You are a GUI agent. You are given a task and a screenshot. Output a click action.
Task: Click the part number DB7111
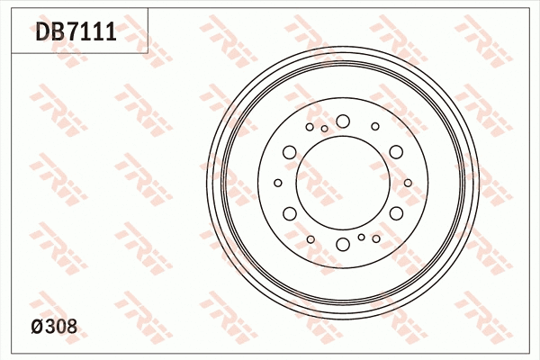point(76,33)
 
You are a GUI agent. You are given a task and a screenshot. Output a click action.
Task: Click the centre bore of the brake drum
point(343,183)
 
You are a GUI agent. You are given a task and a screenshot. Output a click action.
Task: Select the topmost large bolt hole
point(343,121)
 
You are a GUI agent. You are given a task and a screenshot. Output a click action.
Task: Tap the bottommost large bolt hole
point(343,244)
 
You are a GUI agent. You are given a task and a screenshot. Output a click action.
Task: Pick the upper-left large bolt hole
point(290,152)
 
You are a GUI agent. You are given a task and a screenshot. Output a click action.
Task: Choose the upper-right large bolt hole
point(396,152)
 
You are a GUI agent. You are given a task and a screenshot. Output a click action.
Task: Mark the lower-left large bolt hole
point(290,213)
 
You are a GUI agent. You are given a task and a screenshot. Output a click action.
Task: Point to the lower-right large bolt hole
point(396,213)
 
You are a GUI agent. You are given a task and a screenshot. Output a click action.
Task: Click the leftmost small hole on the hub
point(278,183)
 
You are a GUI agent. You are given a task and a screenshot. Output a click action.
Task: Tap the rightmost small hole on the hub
point(408,183)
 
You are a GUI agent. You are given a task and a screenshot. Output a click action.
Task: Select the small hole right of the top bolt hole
point(375,127)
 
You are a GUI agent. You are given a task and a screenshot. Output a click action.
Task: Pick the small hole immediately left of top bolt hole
point(325,129)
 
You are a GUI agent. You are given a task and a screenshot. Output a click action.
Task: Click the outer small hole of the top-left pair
point(310,127)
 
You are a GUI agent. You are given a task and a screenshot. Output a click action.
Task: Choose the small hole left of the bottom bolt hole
point(310,239)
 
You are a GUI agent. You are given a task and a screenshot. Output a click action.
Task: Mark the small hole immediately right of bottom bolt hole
point(361,238)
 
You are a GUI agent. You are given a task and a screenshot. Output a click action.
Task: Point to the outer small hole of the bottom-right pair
point(376,239)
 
